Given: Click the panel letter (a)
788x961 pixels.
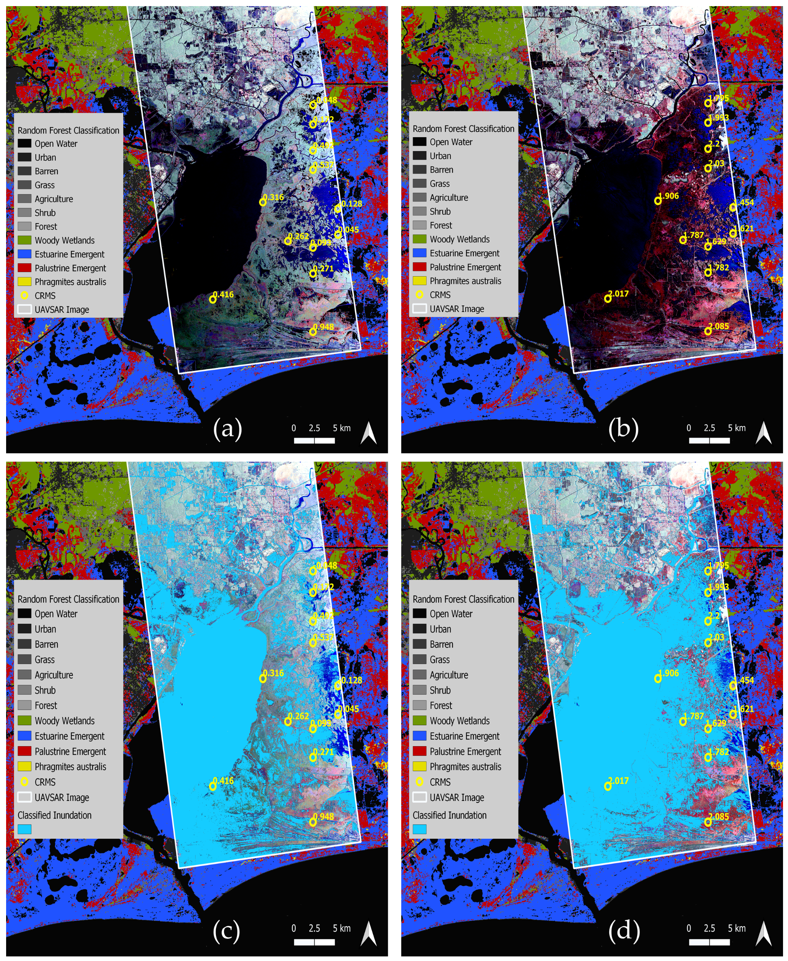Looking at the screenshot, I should pyautogui.click(x=227, y=428).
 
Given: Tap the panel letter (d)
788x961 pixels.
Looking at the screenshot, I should pyautogui.click(x=624, y=929).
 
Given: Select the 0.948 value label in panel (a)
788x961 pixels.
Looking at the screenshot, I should pyautogui.click(x=324, y=327).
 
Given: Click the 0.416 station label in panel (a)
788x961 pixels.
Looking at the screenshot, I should pyautogui.click(x=224, y=294).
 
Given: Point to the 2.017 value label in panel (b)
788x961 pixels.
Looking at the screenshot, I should pyautogui.click(x=619, y=293).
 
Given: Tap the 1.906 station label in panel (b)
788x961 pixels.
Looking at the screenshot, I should pyautogui.click(x=669, y=196).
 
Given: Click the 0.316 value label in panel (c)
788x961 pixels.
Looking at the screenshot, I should pyautogui.click(x=274, y=673).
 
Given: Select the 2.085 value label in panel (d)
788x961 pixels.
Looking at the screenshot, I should pyautogui.click(x=719, y=816).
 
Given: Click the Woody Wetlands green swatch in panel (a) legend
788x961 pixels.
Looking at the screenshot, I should pyautogui.click(x=25, y=240).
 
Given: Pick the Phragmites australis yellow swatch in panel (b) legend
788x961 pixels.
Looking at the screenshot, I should pyautogui.click(x=420, y=280).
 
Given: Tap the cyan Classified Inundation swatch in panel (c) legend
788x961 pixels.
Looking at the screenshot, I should pyautogui.click(x=24, y=829).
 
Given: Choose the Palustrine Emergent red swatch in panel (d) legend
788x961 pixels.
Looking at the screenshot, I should pyautogui.click(x=420, y=751).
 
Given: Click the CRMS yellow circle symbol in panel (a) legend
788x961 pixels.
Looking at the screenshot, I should pyautogui.click(x=25, y=295).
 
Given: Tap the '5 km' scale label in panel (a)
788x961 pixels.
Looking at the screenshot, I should pyautogui.click(x=342, y=428).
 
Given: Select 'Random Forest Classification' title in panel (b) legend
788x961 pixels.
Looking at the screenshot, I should pyautogui.click(x=463, y=129).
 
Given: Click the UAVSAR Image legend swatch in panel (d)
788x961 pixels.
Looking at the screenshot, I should pyautogui.click(x=420, y=797).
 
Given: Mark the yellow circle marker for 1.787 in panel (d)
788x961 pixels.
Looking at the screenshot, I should pyautogui.click(x=683, y=722).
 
